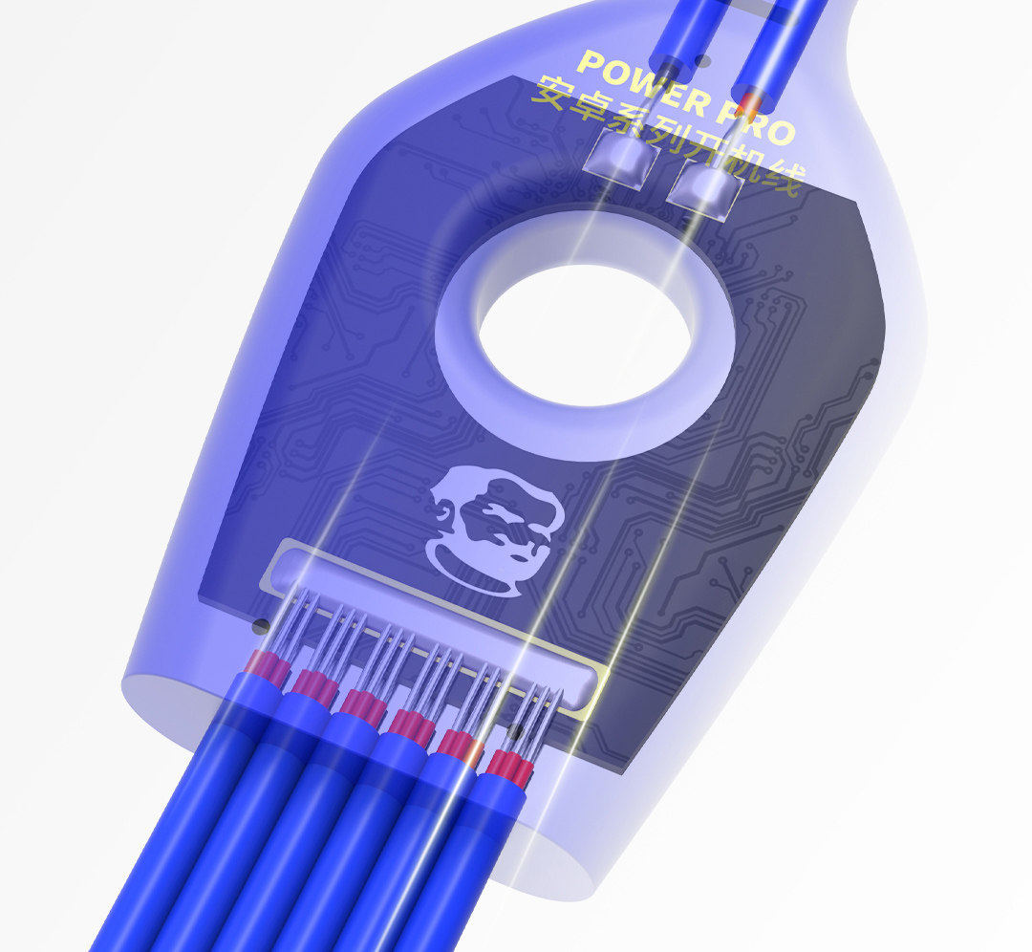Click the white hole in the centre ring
pos(585,335)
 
